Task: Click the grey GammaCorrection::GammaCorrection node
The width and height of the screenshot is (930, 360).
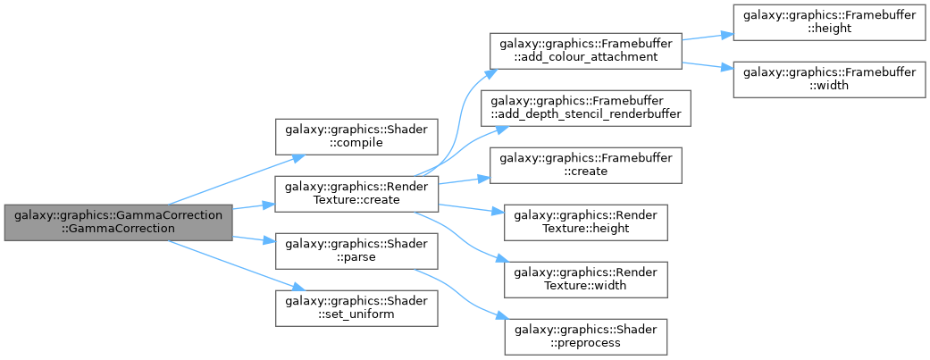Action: (118, 222)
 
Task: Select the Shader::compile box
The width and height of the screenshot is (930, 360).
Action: (356, 137)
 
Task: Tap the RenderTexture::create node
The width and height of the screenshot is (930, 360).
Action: (356, 194)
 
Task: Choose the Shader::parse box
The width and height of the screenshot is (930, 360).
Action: (356, 251)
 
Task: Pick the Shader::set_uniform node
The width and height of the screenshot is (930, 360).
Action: (356, 308)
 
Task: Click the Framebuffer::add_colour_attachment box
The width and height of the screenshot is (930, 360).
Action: (585, 51)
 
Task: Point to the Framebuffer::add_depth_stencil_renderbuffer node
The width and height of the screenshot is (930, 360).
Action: (585, 108)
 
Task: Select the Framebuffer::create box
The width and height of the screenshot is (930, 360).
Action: (585, 165)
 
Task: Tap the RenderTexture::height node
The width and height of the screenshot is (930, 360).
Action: (585, 222)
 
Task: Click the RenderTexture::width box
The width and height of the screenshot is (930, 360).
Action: (585, 280)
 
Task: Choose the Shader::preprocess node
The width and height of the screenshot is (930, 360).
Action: (585, 336)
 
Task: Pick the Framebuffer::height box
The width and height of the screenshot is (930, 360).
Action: (829, 22)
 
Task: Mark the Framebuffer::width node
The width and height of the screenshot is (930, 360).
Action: (829, 80)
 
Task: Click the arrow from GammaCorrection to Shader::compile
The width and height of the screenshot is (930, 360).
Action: (237, 180)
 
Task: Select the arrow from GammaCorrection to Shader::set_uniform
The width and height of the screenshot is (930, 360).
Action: (237, 265)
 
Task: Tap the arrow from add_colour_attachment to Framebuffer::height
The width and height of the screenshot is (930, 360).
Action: (708, 38)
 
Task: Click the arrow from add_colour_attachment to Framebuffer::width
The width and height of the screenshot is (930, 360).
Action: (708, 65)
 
